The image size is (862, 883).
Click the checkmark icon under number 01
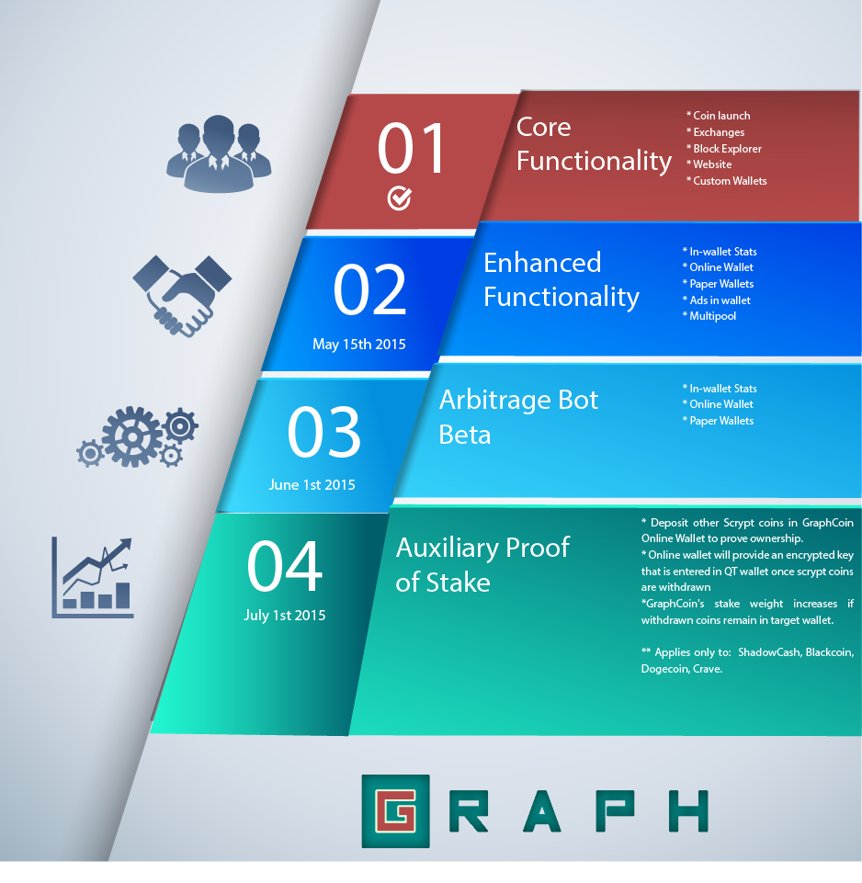pos(400,198)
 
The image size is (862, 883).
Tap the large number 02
pos(369,289)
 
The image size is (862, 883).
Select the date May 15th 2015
pos(359,344)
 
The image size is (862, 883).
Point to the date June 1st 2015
pos(312,485)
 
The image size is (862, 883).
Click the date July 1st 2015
pos(285,615)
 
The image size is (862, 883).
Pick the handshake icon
pos(181,296)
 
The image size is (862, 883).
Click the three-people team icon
pos(219,153)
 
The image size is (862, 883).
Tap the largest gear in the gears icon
pos(132,437)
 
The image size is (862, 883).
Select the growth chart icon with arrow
pos(93,577)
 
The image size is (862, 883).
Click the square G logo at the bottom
pos(395,811)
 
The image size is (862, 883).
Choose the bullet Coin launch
pos(718,116)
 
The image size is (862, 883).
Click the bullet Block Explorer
pos(724,149)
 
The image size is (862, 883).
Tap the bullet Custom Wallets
pos(726,181)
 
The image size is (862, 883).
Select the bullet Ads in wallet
pos(716,300)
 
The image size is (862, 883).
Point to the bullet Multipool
pos(709,316)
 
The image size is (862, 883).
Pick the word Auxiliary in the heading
pos(447,548)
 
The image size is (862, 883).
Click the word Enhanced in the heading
pos(542,263)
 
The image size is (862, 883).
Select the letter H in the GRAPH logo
pos(688,811)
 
